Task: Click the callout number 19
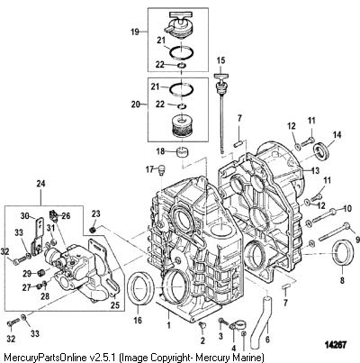click(x=135, y=32)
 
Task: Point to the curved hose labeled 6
click(x=260, y=322)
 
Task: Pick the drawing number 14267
click(x=335, y=344)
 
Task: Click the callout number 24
click(x=40, y=183)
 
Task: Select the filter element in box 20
click(x=180, y=126)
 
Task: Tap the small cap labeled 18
click(x=182, y=151)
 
